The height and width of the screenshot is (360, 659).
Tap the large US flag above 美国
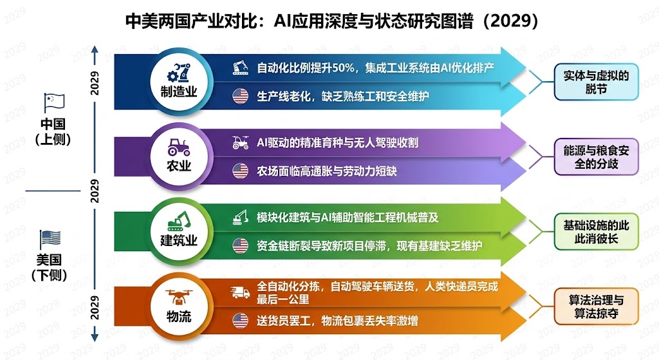(50, 239)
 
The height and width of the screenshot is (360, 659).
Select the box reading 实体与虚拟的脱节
(597, 81)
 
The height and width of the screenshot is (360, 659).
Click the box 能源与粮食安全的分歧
(597, 156)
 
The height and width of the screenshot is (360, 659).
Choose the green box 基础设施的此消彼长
(597, 232)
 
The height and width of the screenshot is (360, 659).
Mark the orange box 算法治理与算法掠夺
(597, 307)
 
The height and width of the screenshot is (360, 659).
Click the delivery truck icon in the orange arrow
(241, 292)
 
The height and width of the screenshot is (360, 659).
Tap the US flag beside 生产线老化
(241, 97)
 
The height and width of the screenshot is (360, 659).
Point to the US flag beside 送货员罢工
(241, 319)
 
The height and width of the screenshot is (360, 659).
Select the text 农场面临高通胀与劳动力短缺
(326, 171)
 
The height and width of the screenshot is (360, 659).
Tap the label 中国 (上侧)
(53, 131)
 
